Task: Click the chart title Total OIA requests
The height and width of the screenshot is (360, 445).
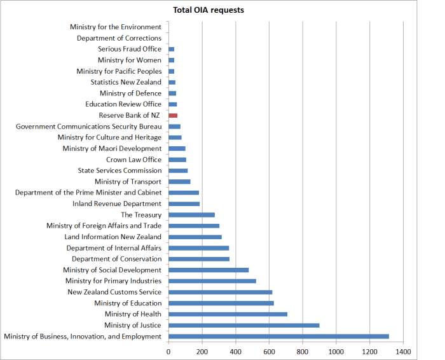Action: click(209, 10)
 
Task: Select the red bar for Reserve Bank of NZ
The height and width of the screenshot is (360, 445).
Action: click(173, 115)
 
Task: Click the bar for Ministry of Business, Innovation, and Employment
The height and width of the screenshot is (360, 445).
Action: click(278, 336)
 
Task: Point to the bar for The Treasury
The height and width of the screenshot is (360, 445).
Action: click(191, 215)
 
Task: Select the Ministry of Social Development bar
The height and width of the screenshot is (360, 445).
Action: click(209, 270)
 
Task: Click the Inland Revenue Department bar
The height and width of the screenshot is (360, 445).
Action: click(184, 204)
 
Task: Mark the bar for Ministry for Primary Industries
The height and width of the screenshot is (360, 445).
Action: click(212, 280)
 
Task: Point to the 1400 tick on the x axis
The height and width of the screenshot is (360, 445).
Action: click(402, 350)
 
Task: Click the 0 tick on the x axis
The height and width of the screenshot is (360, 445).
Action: click(168, 350)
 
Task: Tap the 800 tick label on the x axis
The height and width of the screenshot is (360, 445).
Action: click(302, 350)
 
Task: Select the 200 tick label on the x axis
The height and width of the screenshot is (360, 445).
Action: click(202, 350)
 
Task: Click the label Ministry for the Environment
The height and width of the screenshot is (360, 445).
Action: click(116, 27)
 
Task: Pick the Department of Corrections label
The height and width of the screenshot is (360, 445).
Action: click(119, 38)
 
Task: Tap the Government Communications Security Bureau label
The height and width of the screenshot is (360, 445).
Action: click(89, 127)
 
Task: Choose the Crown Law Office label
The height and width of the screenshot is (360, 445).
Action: click(133, 160)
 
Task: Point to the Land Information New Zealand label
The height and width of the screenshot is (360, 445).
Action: click(113, 237)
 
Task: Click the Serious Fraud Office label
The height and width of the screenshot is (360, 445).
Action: click(130, 49)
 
